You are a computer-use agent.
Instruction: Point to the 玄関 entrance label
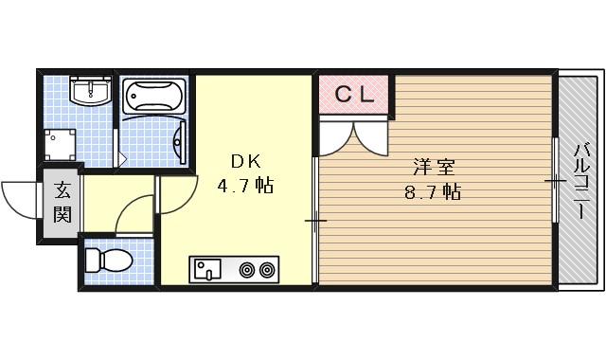pyautogui.click(x=61, y=202)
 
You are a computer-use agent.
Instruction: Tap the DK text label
pyautogui.click(x=237, y=160)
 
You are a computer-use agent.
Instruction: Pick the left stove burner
pyautogui.click(x=248, y=271)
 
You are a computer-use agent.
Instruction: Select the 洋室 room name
pyautogui.click(x=431, y=168)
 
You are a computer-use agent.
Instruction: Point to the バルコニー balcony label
pyautogui.click(x=579, y=180)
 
